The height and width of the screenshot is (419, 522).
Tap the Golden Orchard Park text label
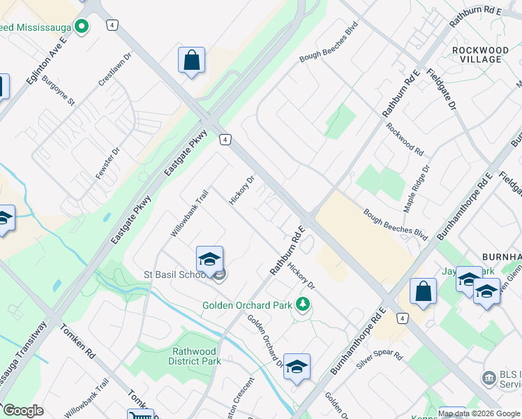pyautogui.click(x=247, y=305)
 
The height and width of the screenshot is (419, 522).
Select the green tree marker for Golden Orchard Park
pyautogui.click(x=303, y=304)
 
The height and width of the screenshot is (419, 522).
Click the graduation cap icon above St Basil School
pyautogui.click(x=209, y=260)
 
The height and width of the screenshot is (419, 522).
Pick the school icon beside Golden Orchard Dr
pyautogui.click(x=297, y=367)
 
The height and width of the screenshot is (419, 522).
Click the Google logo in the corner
pyautogui.click(x=23, y=411)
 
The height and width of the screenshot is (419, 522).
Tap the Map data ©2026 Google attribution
pyautogui.click(x=479, y=413)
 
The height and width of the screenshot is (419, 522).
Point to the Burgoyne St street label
pyautogui.click(x=57, y=91)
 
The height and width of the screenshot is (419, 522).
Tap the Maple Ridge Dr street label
pyautogui.click(x=417, y=189)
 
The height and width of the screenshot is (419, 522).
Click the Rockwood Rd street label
pyautogui.click(x=405, y=140)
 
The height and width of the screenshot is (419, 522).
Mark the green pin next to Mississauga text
pyautogui.click(x=82, y=27)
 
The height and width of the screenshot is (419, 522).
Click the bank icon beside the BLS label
pyautogui.click(x=489, y=378)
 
